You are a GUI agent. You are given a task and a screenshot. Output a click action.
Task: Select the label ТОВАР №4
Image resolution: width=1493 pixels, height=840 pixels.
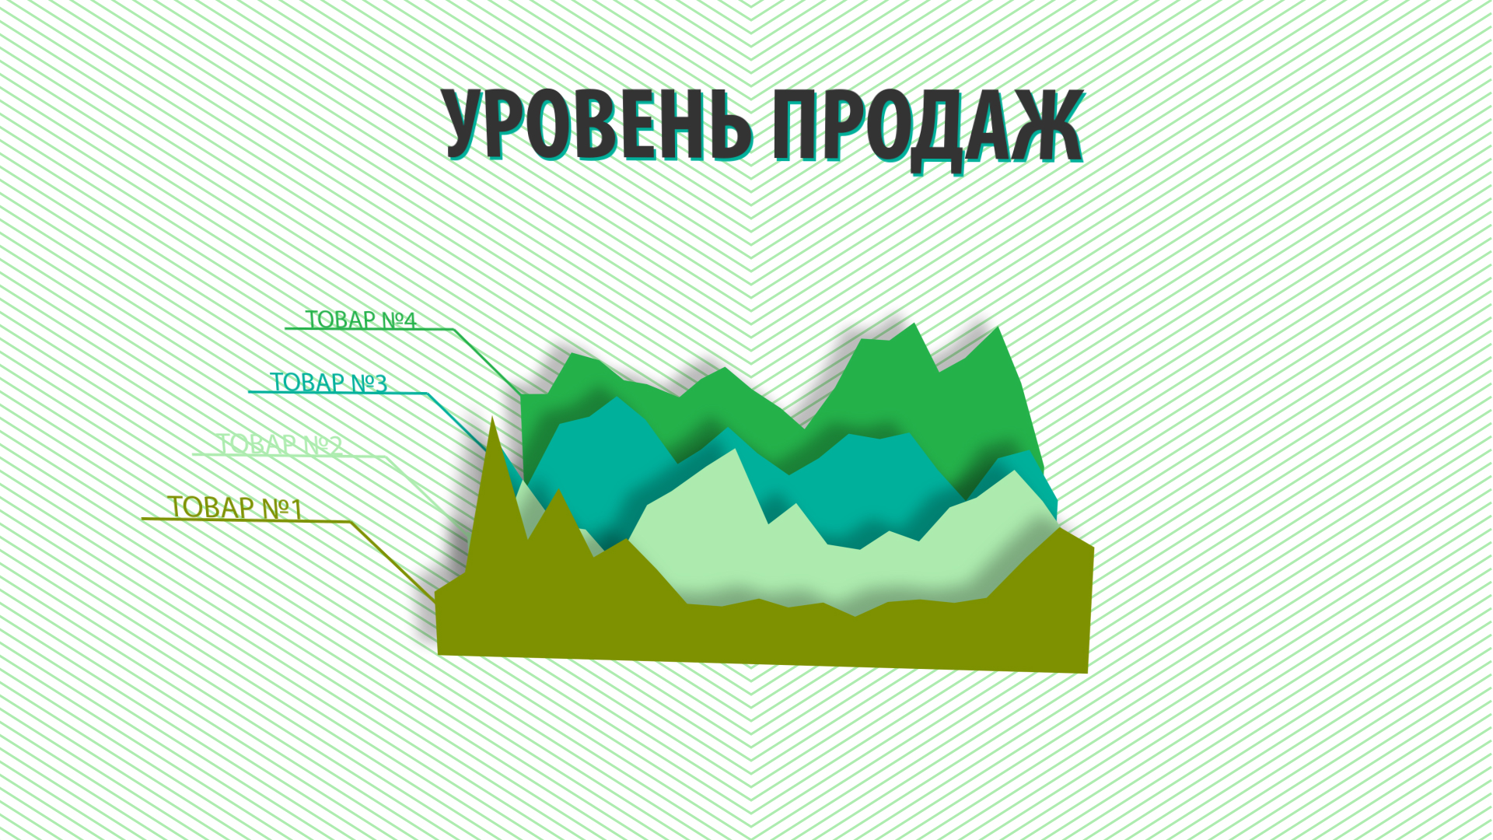click(361, 320)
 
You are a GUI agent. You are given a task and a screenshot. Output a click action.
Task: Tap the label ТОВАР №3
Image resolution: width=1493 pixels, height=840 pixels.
click(328, 383)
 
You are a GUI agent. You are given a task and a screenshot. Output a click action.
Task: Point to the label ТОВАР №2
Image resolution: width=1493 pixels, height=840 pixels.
click(280, 445)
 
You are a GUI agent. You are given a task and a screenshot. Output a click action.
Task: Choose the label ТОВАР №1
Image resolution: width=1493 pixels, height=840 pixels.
click(235, 507)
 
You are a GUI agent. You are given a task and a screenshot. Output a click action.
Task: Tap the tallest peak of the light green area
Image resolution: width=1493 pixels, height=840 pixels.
click(734, 452)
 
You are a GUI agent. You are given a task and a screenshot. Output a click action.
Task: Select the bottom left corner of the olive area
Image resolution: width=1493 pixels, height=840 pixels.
click(439, 653)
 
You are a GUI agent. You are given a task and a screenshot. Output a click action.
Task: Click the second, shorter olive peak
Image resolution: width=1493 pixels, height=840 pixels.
click(558, 492)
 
